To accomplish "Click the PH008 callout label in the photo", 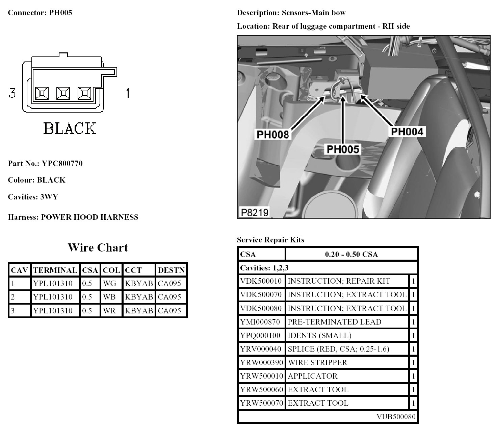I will [x=273, y=135].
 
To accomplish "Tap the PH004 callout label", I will [x=407, y=132].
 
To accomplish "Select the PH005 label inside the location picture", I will [x=342, y=149].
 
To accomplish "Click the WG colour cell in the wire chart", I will [x=109, y=283].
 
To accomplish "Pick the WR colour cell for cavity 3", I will [x=109, y=311].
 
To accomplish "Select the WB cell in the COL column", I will [x=109, y=297].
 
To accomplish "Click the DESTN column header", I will [x=171, y=270].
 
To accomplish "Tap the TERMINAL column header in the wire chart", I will [x=55, y=270].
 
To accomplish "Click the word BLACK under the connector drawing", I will [x=70, y=128].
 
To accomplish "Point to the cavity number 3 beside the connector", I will [x=12, y=93].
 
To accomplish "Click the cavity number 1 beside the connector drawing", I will [x=127, y=93].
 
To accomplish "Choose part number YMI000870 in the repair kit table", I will [x=260, y=322].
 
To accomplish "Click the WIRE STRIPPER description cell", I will [x=317, y=362].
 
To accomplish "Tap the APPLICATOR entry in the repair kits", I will [x=312, y=376].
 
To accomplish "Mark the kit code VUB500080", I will [x=396, y=417].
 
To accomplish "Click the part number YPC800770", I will [x=62, y=164].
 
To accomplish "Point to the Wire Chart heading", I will [x=98, y=247].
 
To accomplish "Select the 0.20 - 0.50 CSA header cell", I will [x=351, y=254].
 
